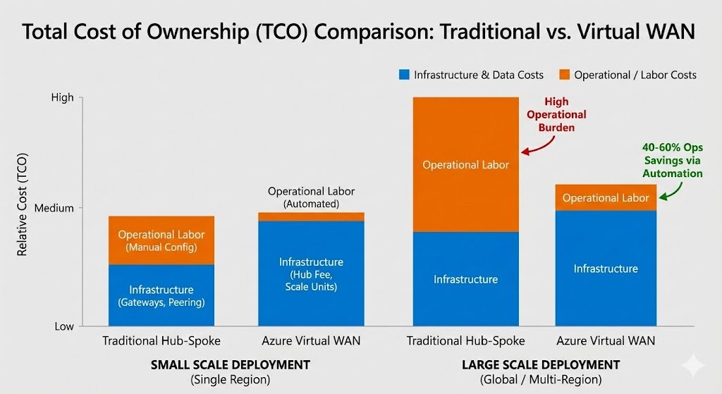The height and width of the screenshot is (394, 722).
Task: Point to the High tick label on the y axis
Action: click(63, 98)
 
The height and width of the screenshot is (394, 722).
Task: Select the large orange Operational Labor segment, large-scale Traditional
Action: click(465, 164)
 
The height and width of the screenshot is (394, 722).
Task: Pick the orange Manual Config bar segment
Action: click(161, 240)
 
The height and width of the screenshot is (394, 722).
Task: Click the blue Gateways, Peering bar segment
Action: click(161, 295)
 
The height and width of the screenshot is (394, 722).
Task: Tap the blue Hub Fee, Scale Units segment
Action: click(311, 273)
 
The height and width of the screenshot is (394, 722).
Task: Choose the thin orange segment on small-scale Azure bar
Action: click(311, 216)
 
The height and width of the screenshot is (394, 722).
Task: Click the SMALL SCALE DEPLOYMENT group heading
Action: click(231, 365)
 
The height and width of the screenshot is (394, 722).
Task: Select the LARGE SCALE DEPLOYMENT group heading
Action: click(541, 365)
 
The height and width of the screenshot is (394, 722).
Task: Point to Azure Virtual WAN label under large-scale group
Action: click(606, 341)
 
